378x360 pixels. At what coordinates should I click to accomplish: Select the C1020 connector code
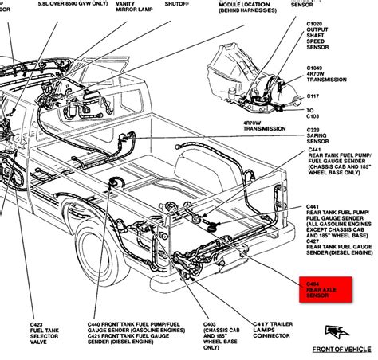click(317, 24)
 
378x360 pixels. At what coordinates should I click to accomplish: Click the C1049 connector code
click(317, 69)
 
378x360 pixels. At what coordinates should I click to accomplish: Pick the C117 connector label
click(314, 96)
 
